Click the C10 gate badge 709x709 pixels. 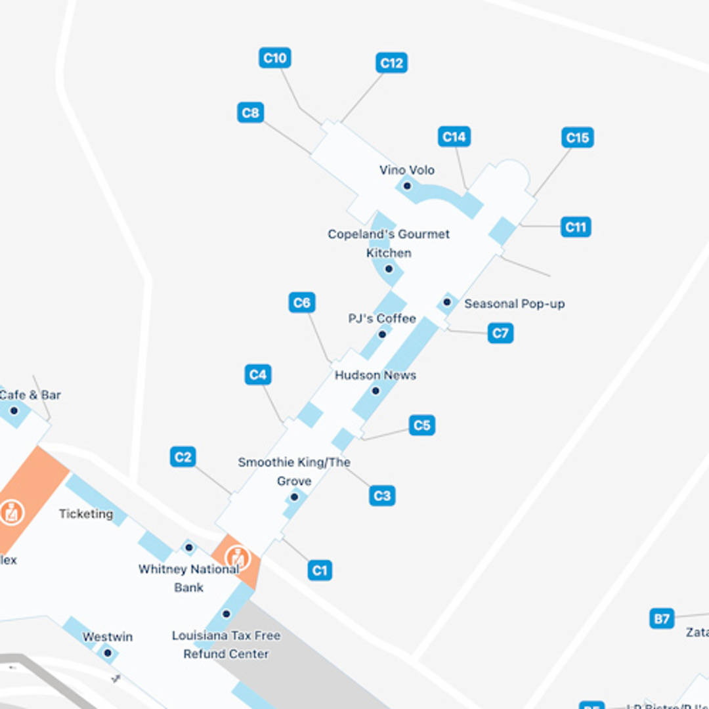[x=274, y=58]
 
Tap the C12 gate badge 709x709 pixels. [x=391, y=63]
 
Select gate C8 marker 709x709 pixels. [x=250, y=113]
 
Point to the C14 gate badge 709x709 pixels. [x=454, y=137]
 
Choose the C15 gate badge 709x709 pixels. [x=577, y=138]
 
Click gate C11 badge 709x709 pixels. [x=575, y=227]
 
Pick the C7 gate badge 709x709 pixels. [x=500, y=333]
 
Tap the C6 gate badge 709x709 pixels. [x=301, y=303]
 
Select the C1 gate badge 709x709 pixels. [x=320, y=570]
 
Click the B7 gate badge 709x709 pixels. [x=662, y=618]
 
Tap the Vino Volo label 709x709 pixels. [x=407, y=170]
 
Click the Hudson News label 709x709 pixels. [x=376, y=375]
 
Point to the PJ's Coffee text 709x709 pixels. [x=382, y=318]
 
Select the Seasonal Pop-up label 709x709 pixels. [x=514, y=304]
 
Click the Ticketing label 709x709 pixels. [x=86, y=514]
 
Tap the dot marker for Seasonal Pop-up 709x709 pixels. [x=447, y=302]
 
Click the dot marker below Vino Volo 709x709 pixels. [x=407, y=186]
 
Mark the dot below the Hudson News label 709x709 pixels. [x=376, y=391]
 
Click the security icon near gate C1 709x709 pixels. [x=237, y=557]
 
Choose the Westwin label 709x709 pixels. [x=108, y=637]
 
